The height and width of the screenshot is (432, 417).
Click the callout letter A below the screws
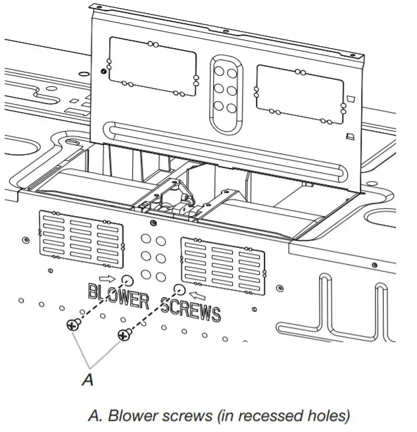click(x=87, y=379)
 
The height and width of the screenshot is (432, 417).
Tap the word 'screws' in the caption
click(x=176, y=416)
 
